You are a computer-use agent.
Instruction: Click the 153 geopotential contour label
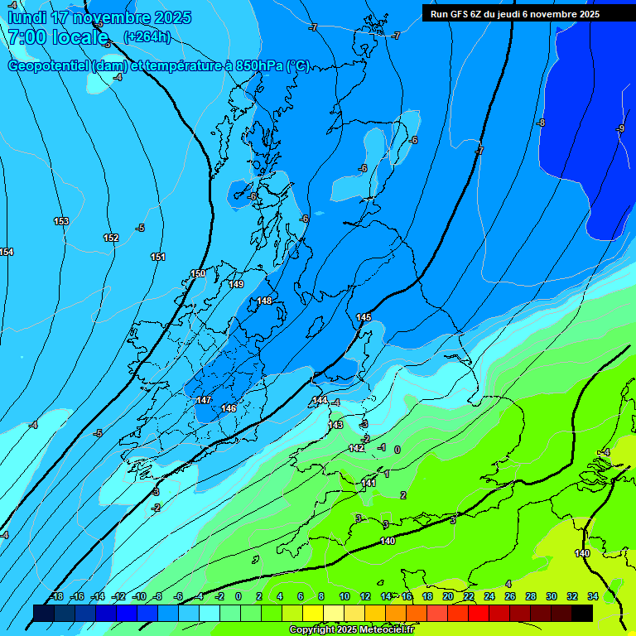pos(61,221)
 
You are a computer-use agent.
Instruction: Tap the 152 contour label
pos(111,238)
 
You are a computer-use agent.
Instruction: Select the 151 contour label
pos(158,257)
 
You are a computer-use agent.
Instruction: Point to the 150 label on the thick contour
pos(198,273)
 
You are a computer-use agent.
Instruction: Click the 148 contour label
pos(264,301)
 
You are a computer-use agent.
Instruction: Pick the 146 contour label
pos(229,408)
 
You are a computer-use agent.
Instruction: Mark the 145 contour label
pos(364,317)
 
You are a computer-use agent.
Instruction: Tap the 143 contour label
pos(335,425)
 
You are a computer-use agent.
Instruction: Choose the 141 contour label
pos(369,483)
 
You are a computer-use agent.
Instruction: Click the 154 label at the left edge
pos(7,252)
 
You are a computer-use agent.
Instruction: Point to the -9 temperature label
pos(621,128)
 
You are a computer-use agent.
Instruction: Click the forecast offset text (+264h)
pos(147,36)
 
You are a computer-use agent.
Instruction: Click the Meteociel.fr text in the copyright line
pos(386,630)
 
